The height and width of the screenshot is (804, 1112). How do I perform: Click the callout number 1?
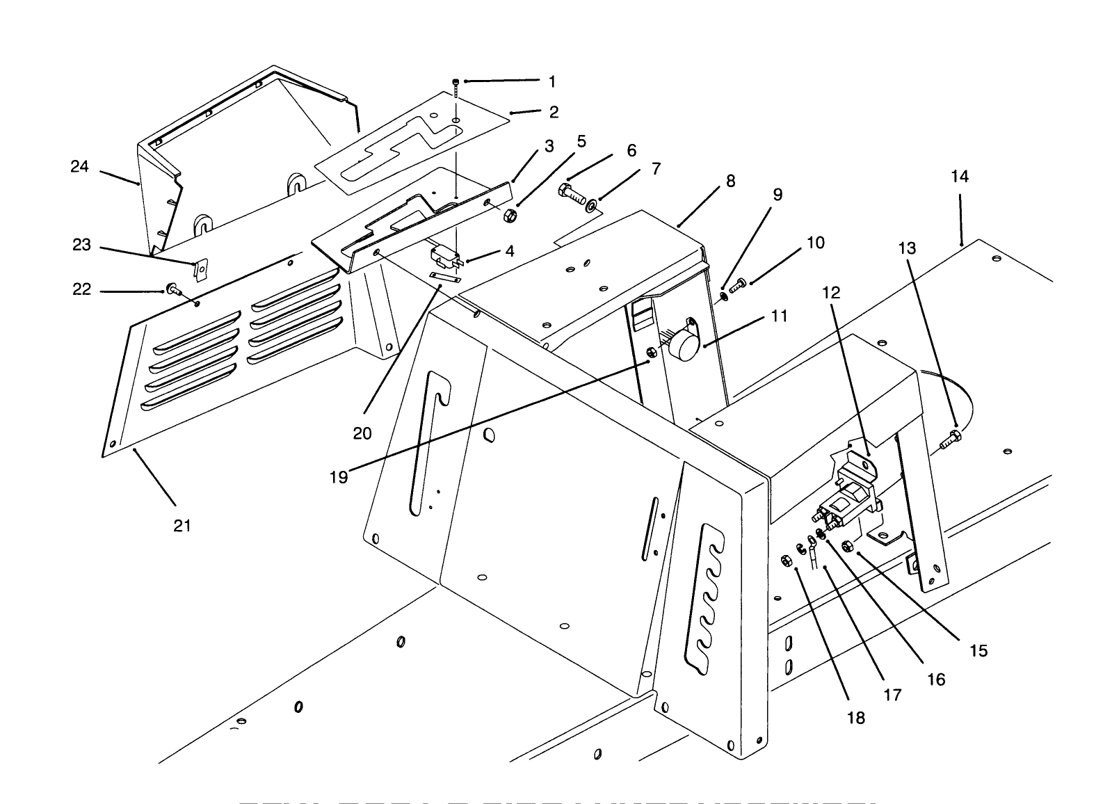552,82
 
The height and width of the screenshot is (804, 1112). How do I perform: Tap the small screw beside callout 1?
455,86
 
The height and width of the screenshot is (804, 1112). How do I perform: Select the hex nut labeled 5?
508,216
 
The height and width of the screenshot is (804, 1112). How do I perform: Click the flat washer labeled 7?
592,206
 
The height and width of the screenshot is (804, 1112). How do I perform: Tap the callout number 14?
960,177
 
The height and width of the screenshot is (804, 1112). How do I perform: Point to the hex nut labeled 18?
785,559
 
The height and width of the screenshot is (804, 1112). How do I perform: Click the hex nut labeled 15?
846,545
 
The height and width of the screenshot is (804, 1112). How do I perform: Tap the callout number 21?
182,526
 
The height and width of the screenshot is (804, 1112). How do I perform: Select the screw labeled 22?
171,289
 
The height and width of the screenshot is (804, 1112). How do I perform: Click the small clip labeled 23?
201,269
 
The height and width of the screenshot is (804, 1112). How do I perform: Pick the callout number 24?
80,166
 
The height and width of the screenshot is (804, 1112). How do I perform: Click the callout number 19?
339,479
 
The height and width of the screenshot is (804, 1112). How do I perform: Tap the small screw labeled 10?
739,283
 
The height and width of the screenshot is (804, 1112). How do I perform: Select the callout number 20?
362,433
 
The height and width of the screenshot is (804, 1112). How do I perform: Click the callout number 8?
730,181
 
